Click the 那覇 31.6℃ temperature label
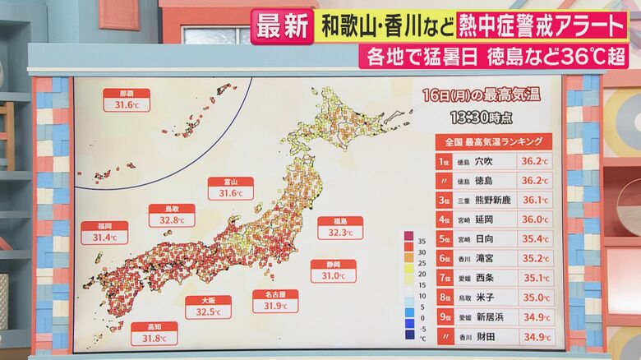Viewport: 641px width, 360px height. click(x=127, y=99)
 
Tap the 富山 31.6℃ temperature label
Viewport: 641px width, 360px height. click(x=224, y=188)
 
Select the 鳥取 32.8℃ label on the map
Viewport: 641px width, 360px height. click(x=172, y=215)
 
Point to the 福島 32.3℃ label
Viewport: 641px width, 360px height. click(x=340, y=227)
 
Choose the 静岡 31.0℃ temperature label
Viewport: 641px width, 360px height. click(x=334, y=270)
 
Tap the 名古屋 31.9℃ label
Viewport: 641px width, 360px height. click(x=275, y=300)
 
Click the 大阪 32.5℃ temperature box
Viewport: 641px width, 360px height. click(x=208, y=307)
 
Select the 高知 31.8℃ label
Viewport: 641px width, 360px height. click(x=154, y=332)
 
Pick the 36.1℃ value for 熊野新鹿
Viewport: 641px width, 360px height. click(x=535, y=200)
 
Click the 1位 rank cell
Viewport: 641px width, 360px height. click(x=445, y=161)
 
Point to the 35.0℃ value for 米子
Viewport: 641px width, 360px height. click(x=535, y=297)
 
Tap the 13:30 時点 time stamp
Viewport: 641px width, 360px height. click(x=482, y=118)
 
